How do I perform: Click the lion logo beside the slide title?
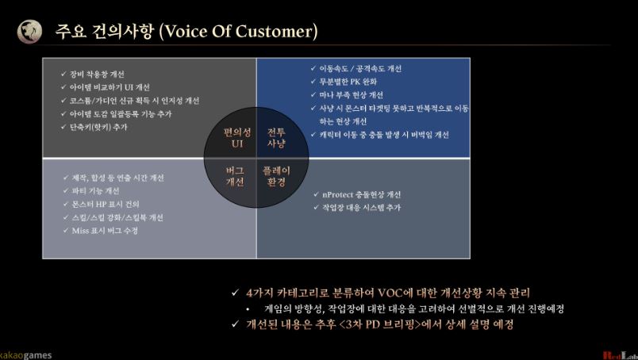pyautogui.click(x=30, y=31)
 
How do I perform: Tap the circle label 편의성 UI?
pyautogui.click(x=236, y=138)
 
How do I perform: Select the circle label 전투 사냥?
pyautogui.click(x=276, y=138)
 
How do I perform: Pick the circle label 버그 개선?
pyautogui.click(x=235, y=176)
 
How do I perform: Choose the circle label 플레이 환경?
pyautogui.click(x=277, y=176)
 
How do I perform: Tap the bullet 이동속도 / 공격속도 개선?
pyautogui.click(x=360, y=68)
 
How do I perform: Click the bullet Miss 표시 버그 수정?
pyautogui.click(x=104, y=230)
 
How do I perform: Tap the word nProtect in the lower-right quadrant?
pyautogui.click(x=339, y=194)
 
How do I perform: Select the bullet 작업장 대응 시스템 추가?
pyautogui.click(x=361, y=208)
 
